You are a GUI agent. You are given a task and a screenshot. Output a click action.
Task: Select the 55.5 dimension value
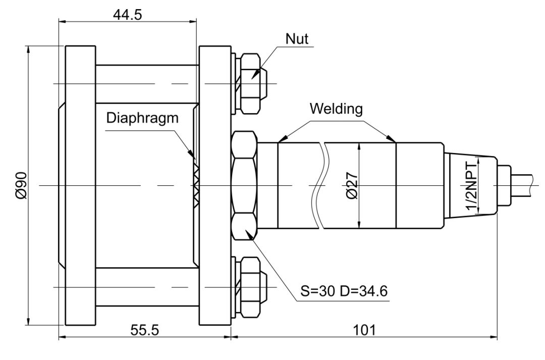click(145, 330)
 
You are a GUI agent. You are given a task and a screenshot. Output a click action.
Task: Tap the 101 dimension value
click(365, 330)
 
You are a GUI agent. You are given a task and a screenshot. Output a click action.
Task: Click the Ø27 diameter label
click(352, 185)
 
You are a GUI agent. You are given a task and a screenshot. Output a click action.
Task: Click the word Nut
click(297, 38)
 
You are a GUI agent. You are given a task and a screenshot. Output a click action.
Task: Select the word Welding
click(336, 109)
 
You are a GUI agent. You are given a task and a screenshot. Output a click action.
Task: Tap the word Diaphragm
click(142, 118)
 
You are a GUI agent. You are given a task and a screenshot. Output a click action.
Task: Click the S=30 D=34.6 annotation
click(344, 291)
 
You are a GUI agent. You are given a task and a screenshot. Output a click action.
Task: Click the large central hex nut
click(244, 185)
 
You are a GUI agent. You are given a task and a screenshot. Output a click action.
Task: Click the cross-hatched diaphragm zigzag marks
click(196, 185)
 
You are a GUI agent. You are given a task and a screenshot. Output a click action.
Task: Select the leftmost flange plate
click(80, 185)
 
